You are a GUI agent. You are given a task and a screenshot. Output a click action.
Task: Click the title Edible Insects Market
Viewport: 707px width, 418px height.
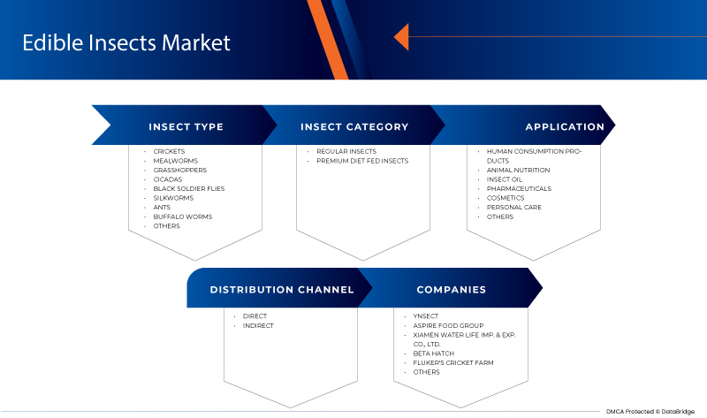(125, 42)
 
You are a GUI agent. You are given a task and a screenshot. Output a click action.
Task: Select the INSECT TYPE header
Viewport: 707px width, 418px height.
(186, 126)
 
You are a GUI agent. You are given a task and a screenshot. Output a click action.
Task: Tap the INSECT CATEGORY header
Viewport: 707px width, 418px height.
(354, 126)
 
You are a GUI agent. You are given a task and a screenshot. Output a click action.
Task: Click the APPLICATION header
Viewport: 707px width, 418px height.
(565, 126)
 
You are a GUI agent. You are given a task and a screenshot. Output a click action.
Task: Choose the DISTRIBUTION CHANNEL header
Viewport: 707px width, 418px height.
(282, 289)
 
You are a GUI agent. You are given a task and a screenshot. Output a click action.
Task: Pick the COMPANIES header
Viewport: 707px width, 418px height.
(452, 289)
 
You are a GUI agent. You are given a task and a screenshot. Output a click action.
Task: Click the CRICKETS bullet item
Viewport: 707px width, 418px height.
(169, 152)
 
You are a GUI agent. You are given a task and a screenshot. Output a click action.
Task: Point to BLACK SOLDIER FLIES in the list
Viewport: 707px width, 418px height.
(189, 189)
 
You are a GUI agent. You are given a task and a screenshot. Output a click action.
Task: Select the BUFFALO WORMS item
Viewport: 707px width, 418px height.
(182, 217)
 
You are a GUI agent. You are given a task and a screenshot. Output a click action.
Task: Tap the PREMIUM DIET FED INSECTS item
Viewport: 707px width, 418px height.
(362, 161)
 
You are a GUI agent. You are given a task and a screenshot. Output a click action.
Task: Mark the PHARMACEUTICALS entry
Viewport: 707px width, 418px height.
(519, 188)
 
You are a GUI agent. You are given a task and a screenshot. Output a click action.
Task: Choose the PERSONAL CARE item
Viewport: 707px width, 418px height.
(513, 208)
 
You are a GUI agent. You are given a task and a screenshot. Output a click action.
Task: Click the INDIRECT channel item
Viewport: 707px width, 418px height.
(258, 325)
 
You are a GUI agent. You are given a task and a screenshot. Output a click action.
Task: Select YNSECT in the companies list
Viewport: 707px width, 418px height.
(427, 316)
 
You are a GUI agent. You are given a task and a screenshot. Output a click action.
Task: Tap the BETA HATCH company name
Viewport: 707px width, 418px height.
(432, 353)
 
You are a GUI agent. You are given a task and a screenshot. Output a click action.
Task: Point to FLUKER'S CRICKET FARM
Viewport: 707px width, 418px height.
(454, 363)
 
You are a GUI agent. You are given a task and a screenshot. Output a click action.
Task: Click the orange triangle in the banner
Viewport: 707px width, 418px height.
(400, 37)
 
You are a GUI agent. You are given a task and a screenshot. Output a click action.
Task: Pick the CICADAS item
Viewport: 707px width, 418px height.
(167, 179)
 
